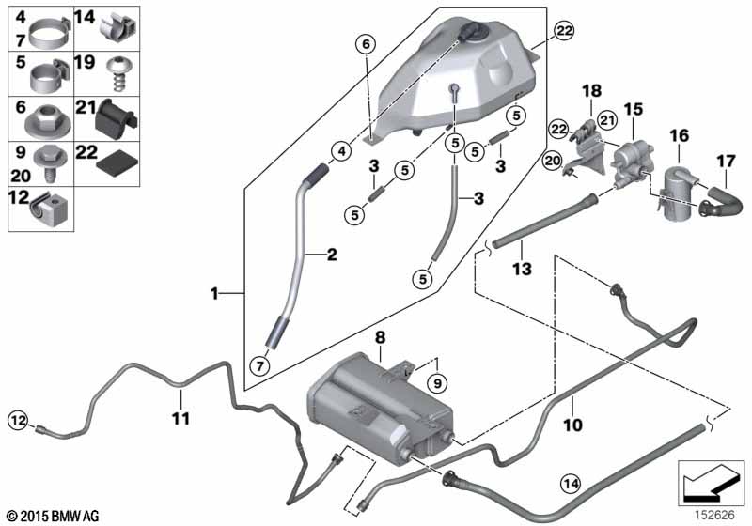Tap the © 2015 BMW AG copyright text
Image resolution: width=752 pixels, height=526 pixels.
tap(52, 515)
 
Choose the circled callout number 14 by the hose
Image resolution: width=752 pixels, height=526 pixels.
tap(571, 484)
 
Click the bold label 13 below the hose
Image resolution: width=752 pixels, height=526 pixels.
tap(522, 270)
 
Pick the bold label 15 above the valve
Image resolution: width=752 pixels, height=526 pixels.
tap(634, 111)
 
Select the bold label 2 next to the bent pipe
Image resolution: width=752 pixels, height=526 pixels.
tap(330, 255)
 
